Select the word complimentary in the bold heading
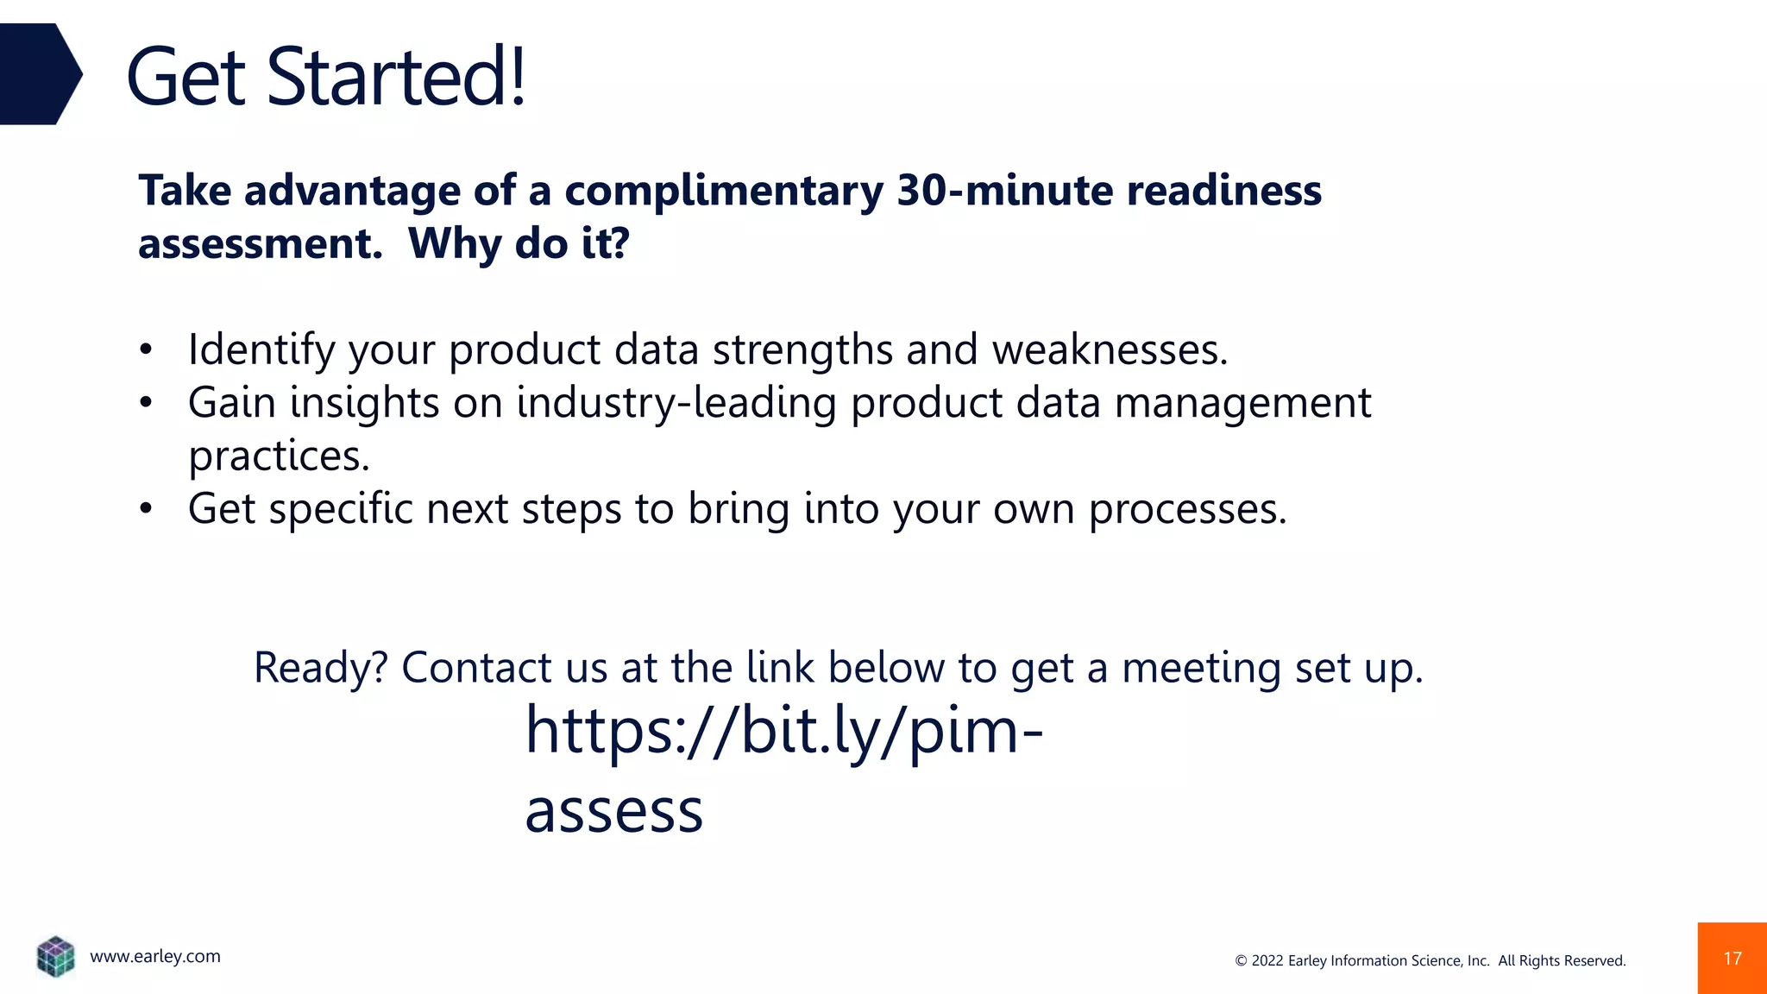[x=723, y=192]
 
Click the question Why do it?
[x=519, y=244]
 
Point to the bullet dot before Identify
[x=146, y=350]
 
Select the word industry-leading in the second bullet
[x=676, y=404]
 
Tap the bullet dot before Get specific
[x=146, y=509]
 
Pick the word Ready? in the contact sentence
[x=321, y=668]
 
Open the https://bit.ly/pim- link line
[x=783, y=731]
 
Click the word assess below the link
[x=613, y=811]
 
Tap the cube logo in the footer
[x=56, y=956]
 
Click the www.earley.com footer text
[x=155, y=956]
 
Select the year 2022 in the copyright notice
[x=1267, y=961]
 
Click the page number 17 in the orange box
[x=1732, y=959]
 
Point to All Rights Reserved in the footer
[x=1561, y=961]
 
